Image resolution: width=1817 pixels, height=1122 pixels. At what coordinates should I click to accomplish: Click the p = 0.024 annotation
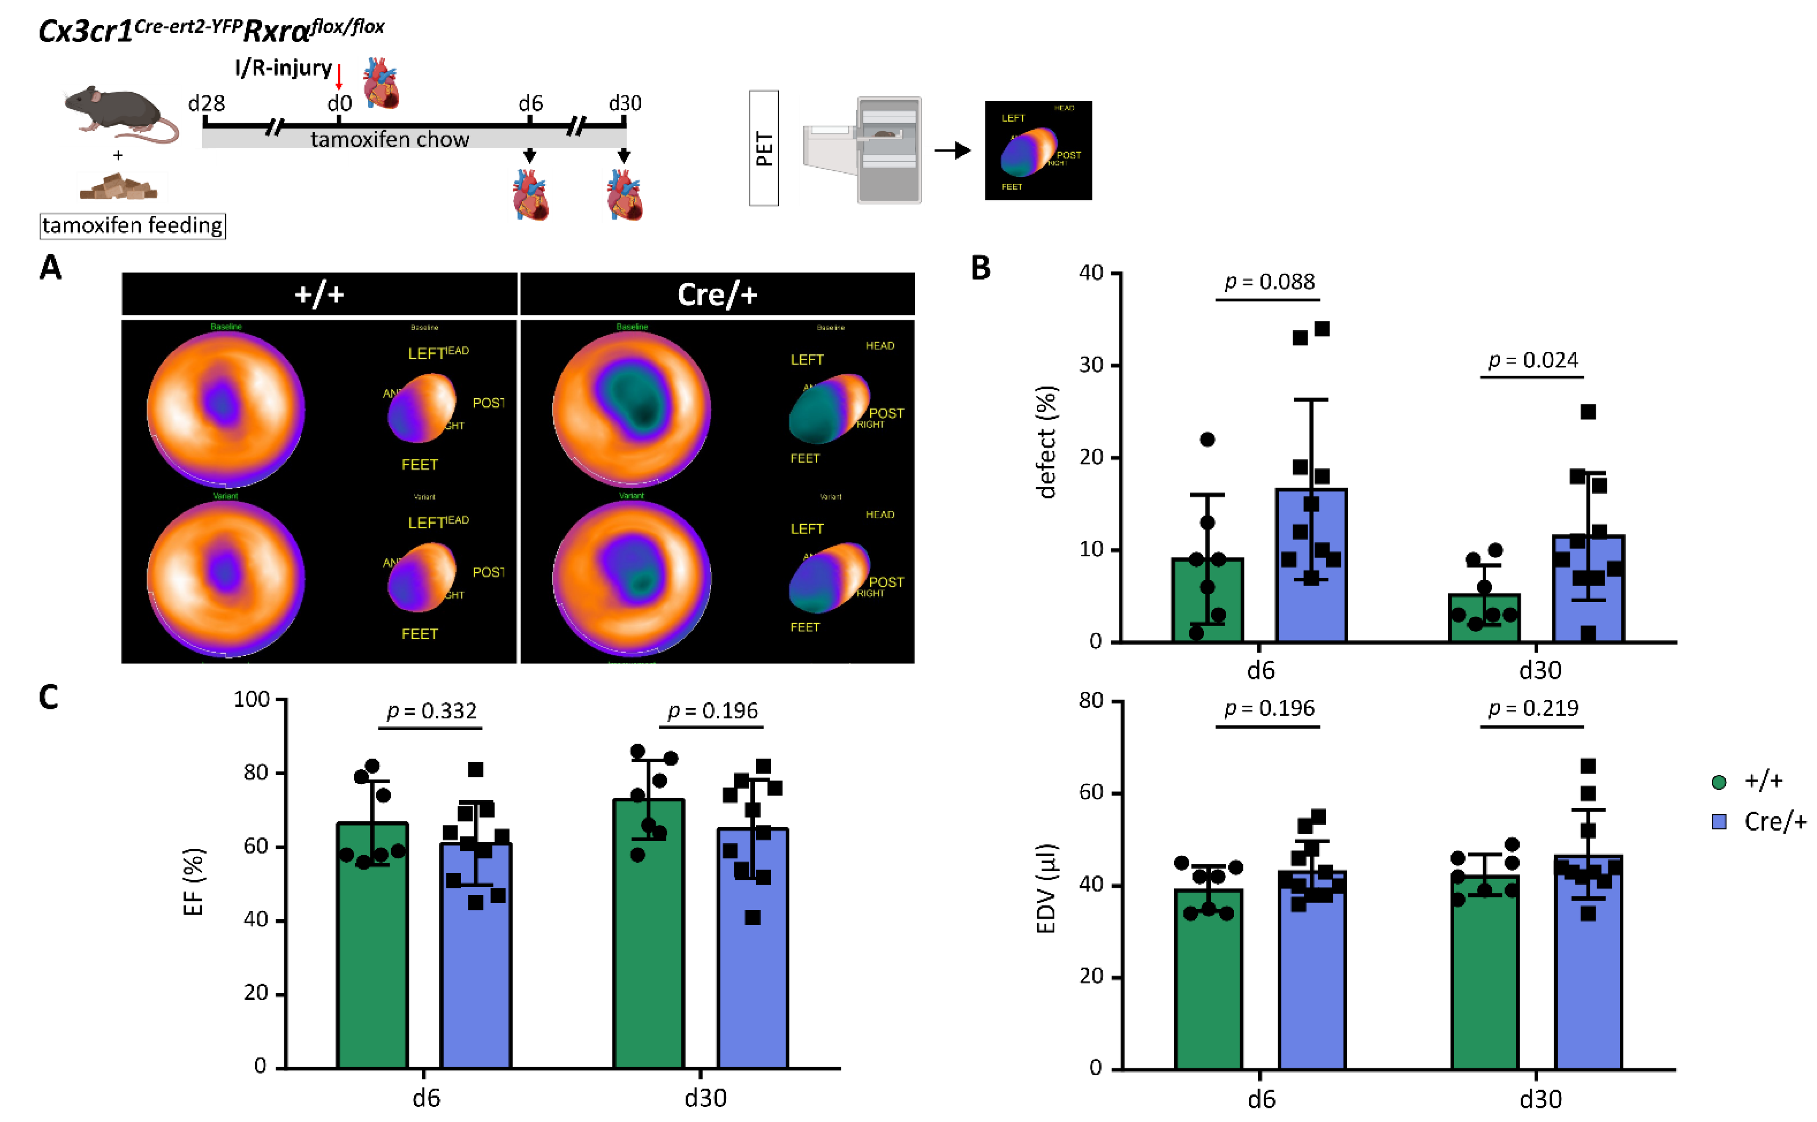pos(1533,361)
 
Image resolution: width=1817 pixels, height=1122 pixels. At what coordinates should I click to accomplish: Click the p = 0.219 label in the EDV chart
pos(1533,709)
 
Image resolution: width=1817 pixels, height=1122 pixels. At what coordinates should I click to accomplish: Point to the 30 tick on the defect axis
pos(1091,365)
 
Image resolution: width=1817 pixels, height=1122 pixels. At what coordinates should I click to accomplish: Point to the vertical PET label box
pos(764,148)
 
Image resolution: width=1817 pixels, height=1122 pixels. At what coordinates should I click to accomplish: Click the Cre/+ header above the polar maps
pos(717,295)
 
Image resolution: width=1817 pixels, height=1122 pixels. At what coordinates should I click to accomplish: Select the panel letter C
pos(49,698)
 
